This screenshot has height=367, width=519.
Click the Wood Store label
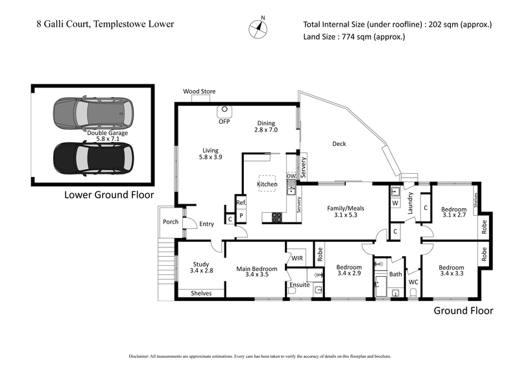coord(199,91)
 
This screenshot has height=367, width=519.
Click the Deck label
coord(338,144)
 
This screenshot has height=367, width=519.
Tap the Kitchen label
coord(267,185)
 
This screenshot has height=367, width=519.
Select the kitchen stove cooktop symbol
coord(276,217)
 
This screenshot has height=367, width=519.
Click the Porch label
coord(170,222)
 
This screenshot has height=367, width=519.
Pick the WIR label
coord(298,258)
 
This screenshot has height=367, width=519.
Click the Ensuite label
coord(300,285)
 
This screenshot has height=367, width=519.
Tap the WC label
coord(413,282)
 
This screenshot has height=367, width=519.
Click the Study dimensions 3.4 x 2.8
coord(202,270)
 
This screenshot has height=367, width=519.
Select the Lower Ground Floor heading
coord(108,195)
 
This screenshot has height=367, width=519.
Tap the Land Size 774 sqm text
coord(354,37)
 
